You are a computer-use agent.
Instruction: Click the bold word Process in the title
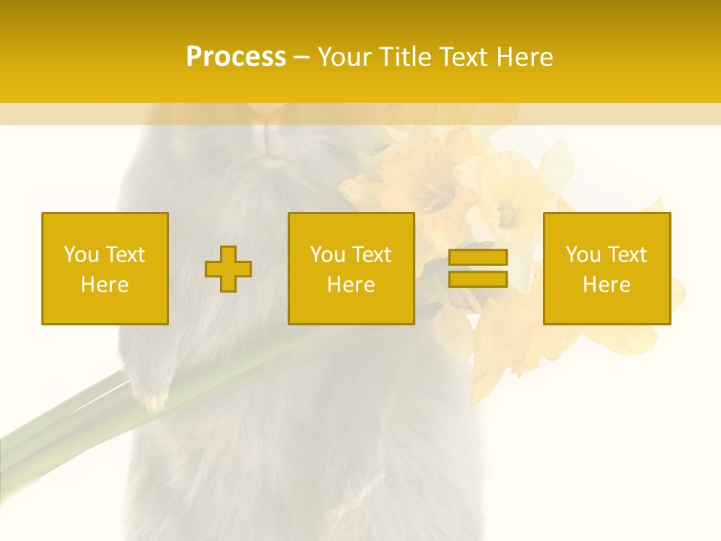(x=236, y=57)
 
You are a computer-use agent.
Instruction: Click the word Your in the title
(x=345, y=57)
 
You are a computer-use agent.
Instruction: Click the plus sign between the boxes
(x=228, y=269)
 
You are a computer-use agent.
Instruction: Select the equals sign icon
(x=478, y=268)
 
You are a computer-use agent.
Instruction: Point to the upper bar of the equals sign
(x=478, y=258)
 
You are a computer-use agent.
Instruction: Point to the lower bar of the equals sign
(x=478, y=279)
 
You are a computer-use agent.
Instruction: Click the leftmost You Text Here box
(x=105, y=268)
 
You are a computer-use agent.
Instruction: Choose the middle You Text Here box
(x=351, y=268)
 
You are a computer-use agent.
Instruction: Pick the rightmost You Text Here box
(x=607, y=268)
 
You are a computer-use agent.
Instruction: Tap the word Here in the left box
(x=104, y=285)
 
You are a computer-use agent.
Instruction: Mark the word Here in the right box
(x=606, y=285)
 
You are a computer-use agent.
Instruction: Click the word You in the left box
(x=81, y=255)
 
